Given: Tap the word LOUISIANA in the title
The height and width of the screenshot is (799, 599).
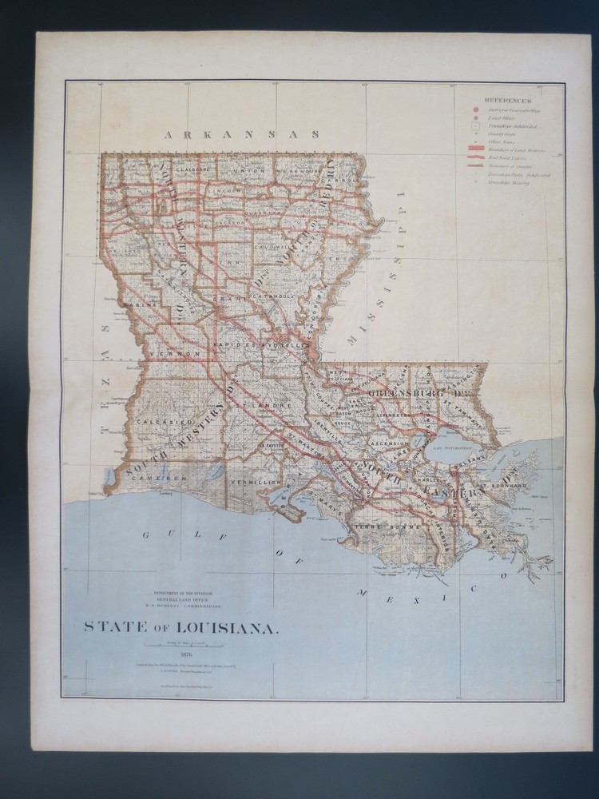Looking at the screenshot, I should (x=228, y=627).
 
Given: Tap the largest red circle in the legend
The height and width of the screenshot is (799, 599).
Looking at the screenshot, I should (x=475, y=109).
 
